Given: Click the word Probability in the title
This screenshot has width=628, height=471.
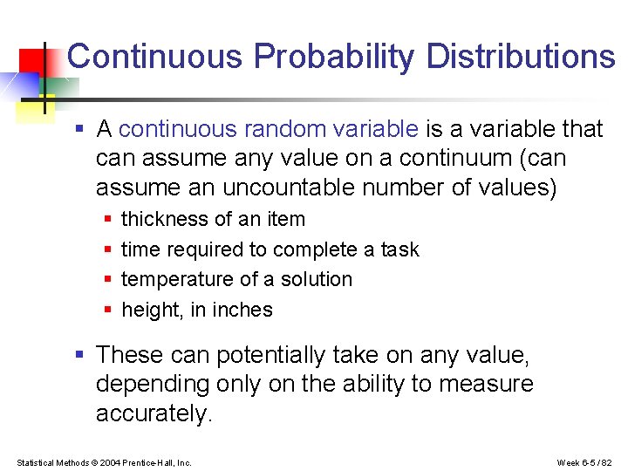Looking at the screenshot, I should pos(334,58).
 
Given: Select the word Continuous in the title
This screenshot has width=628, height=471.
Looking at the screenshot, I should pos(154,58).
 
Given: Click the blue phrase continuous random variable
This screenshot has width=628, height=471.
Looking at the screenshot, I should pos(269,130).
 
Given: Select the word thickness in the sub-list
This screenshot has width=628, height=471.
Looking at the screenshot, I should pos(158,219).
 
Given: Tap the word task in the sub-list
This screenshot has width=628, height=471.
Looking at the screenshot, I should pos(399,249).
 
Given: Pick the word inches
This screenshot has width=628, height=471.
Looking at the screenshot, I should pos(244,311).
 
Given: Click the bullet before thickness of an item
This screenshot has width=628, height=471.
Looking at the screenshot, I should pos(106,219).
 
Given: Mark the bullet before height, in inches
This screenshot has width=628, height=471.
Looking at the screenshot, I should pos(106,310).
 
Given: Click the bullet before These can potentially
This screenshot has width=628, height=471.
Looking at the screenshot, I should pos(79,355).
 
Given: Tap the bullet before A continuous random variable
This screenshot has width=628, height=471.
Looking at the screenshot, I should pos(79,130).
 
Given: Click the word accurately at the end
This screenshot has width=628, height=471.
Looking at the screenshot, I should pos(154,414).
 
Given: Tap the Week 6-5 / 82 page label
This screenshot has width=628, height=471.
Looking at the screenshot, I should pos(584,462).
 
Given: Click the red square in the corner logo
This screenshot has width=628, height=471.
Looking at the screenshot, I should pos(33,61).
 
